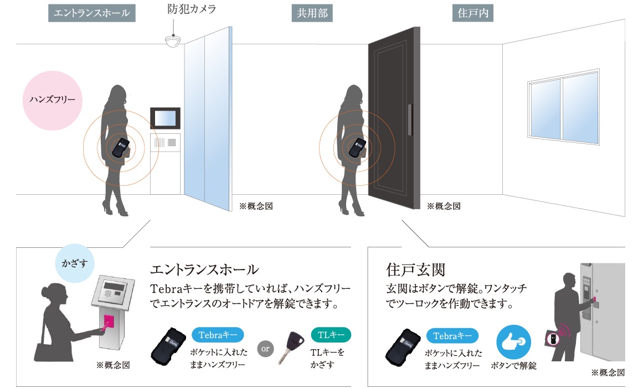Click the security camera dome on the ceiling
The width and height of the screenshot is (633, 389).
(x=173, y=40)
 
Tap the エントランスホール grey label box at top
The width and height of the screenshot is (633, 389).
(x=92, y=13)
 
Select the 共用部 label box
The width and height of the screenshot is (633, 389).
(x=312, y=13)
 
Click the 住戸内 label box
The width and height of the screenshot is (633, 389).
(x=472, y=13)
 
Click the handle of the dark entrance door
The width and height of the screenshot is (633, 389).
(x=409, y=118)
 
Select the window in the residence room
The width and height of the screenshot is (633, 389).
(x=563, y=108)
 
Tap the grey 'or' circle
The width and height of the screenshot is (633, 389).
(x=266, y=349)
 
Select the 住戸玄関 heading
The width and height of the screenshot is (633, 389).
(x=415, y=270)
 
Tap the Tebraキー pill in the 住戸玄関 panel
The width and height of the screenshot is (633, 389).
(x=452, y=335)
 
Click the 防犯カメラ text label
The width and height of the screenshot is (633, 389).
(x=192, y=9)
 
